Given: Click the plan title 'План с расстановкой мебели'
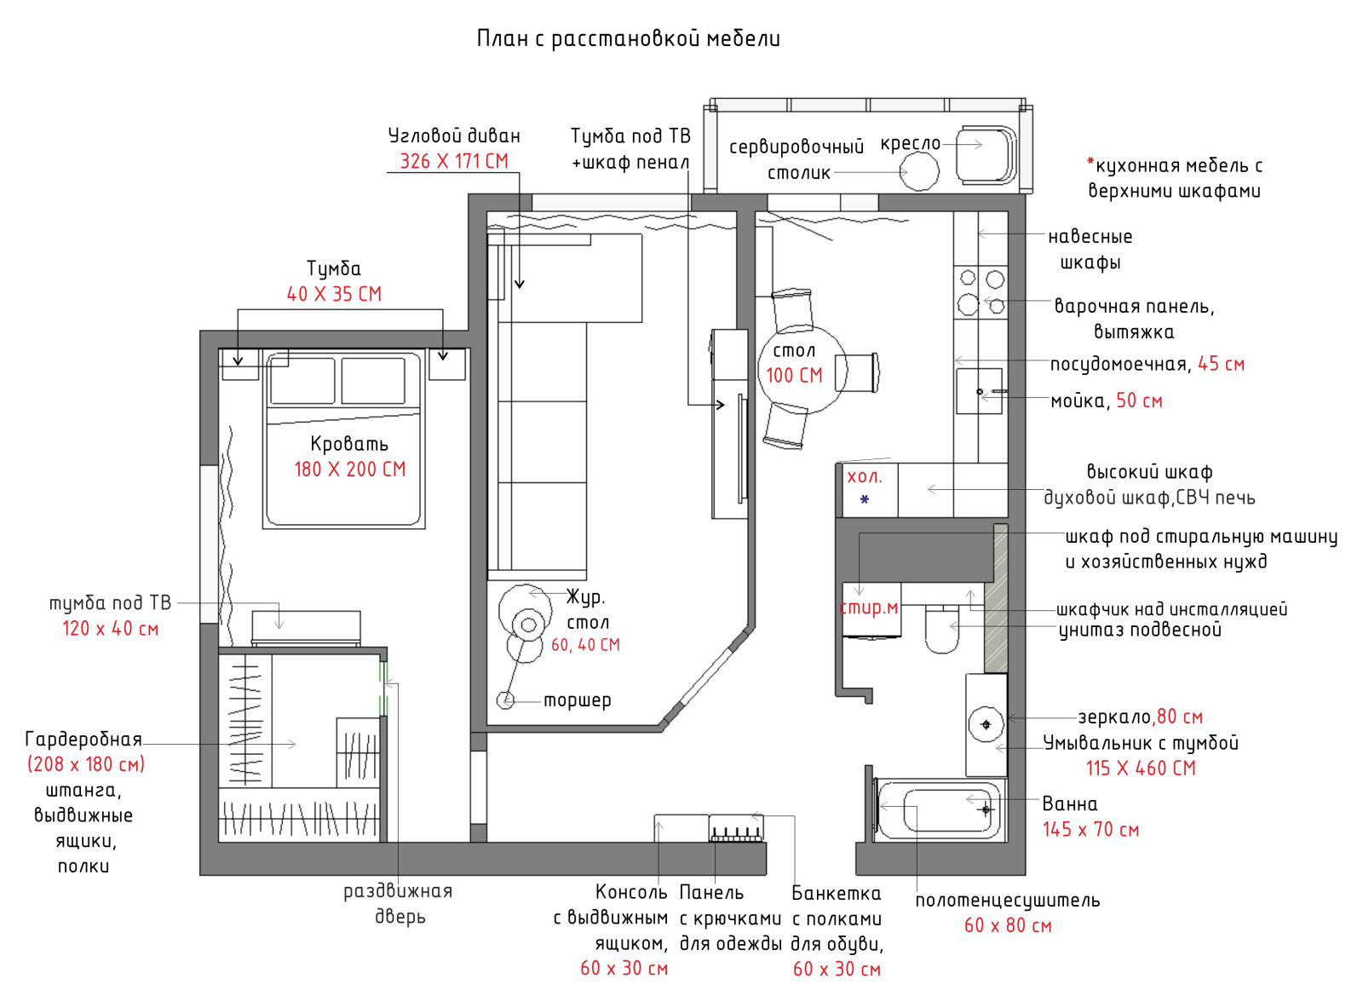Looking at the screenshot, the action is pyautogui.click(x=629, y=39).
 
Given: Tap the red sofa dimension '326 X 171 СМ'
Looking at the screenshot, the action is pyautogui.click(x=454, y=161).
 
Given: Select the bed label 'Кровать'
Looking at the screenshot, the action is pyautogui.click(x=349, y=444).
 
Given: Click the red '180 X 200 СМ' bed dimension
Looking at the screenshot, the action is pyautogui.click(x=350, y=469).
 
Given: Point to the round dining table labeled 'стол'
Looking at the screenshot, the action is pyautogui.click(x=802, y=370).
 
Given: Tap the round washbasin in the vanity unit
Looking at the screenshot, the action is pyautogui.click(x=986, y=724).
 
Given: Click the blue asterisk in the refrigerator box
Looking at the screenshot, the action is pyautogui.click(x=865, y=500).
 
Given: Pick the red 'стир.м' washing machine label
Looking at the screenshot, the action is pyautogui.click(x=869, y=607).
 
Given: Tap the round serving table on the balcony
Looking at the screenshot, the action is pyautogui.click(x=919, y=171).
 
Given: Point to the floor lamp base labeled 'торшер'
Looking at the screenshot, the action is pyautogui.click(x=505, y=701).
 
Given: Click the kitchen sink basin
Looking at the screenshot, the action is pyautogui.click(x=979, y=391).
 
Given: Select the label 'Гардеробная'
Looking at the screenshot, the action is pyautogui.click(x=83, y=739).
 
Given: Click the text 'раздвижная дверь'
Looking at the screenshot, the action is pyautogui.click(x=399, y=904).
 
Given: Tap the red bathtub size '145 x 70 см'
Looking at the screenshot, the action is pyautogui.click(x=1090, y=830).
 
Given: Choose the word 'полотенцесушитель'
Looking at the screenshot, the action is pyautogui.click(x=1008, y=901).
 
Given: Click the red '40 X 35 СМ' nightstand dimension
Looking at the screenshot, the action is pyautogui.click(x=334, y=294).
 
